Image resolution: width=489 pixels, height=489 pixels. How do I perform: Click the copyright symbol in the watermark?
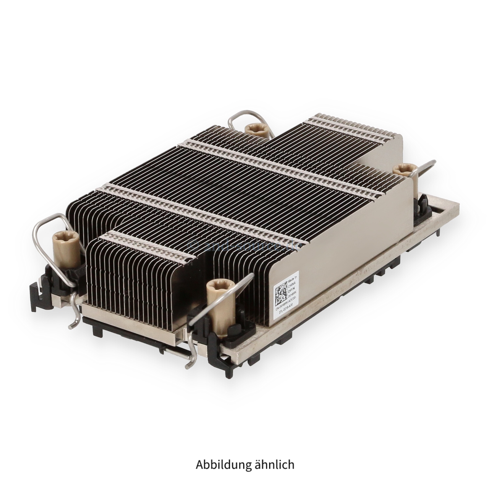[x=196, y=246]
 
